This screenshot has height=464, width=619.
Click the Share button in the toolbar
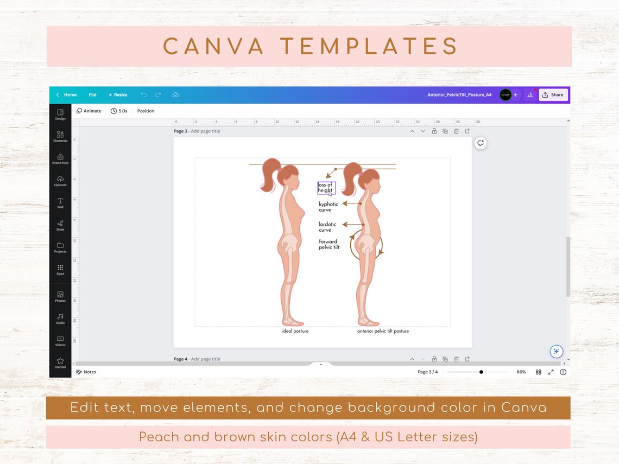point(553,95)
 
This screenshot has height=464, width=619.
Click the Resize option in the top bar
point(118,95)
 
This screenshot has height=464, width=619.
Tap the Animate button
point(89,111)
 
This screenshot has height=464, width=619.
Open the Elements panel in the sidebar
point(60,136)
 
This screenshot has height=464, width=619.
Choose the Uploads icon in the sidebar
point(60,181)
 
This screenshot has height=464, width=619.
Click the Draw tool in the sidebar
point(60,225)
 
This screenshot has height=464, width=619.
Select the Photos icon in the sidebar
point(60,297)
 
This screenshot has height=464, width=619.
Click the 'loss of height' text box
point(326,188)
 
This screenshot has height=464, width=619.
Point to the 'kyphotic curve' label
point(328,207)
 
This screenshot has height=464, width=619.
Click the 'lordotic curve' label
point(327,227)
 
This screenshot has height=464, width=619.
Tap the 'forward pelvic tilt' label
point(329,244)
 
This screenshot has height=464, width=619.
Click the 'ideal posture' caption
point(295,331)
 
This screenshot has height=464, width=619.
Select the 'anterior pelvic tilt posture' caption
point(383,331)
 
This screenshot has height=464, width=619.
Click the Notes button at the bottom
point(86,372)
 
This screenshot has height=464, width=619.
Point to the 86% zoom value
point(521,372)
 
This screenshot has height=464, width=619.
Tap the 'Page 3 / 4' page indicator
point(427,372)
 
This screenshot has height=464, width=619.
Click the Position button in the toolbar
point(146,111)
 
